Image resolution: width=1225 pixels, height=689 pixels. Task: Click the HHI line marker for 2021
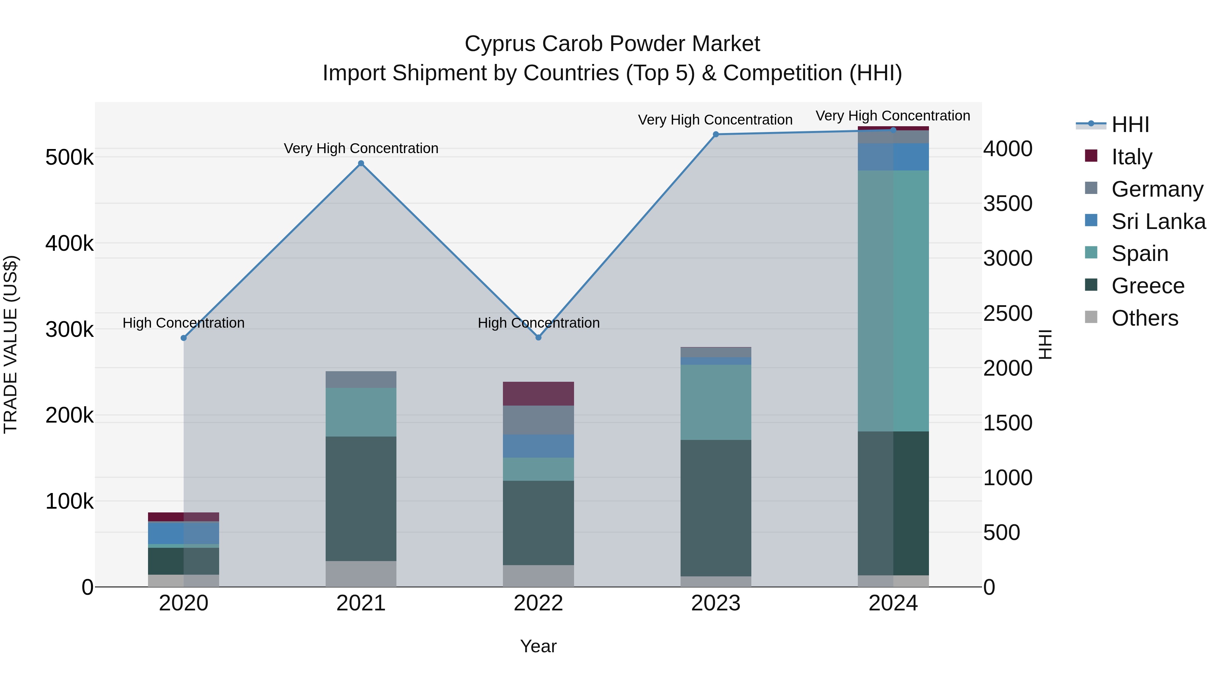[361, 164]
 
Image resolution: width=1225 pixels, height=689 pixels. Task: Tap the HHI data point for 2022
[538, 338]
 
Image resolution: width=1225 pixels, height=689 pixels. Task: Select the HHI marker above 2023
[716, 134]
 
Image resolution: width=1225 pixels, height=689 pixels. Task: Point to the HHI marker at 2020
[183, 338]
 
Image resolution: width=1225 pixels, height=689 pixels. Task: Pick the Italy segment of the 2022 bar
[538, 393]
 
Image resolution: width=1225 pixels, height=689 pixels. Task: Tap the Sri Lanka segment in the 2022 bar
[538, 446]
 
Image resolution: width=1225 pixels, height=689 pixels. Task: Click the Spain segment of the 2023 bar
[716, 402]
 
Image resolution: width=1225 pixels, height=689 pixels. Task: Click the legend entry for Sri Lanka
[1158, 222]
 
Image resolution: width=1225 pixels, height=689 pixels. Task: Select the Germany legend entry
[1157, 189]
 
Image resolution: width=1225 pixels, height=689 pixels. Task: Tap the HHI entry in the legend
[1130, 125]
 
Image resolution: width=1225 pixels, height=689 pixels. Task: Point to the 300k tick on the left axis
[69, 329]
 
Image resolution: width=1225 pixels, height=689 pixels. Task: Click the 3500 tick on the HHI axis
[1008, 203]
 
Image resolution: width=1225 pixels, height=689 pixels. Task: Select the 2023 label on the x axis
[716, 603]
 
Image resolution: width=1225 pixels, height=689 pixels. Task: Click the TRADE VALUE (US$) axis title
[11, 344]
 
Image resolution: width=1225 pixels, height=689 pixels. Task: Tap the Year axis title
[538, 646]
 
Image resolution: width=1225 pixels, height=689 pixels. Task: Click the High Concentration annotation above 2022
[538, 323]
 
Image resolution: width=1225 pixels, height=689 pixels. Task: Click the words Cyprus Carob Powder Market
[612, 44]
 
